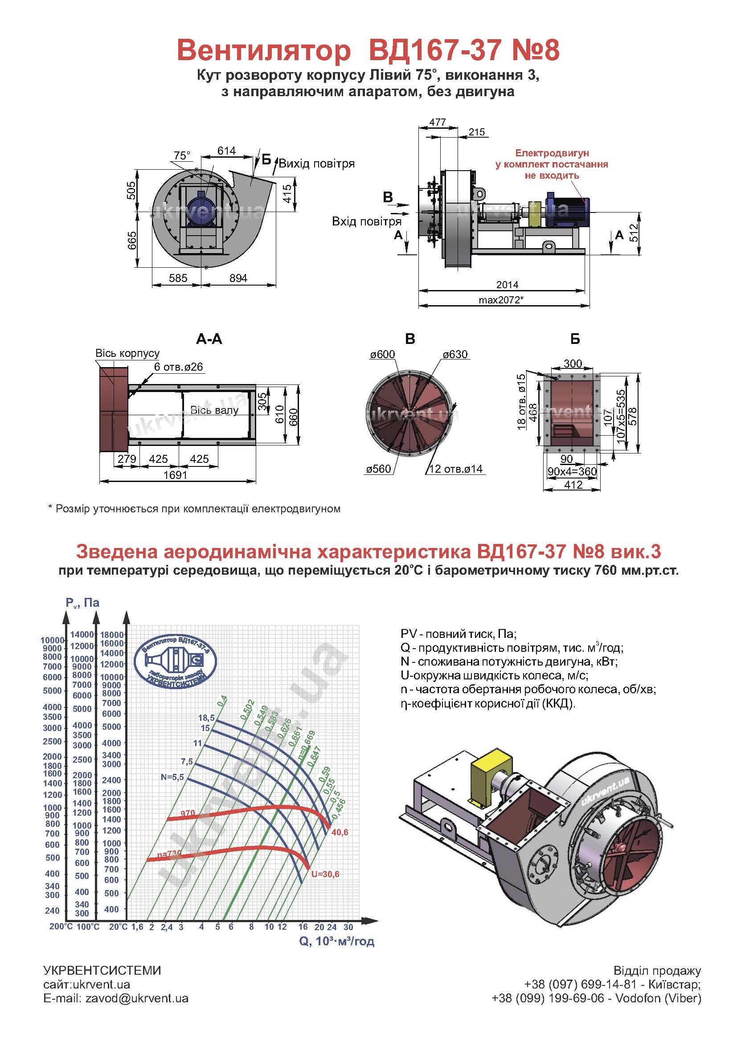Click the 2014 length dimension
click(x=507, y=285)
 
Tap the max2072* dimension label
click(x=501, y=300)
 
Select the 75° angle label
click(x=182, y=155)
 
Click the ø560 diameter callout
click(x=378, y=469)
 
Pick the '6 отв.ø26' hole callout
click(x=178, y=367)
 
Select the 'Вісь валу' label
click(x=214, y=410)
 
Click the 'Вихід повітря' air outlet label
click(x=317, y=163)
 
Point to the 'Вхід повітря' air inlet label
click(x=367, y=221)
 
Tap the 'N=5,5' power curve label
click(x=172, y=777)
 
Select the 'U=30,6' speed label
click(x=325, y=874)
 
